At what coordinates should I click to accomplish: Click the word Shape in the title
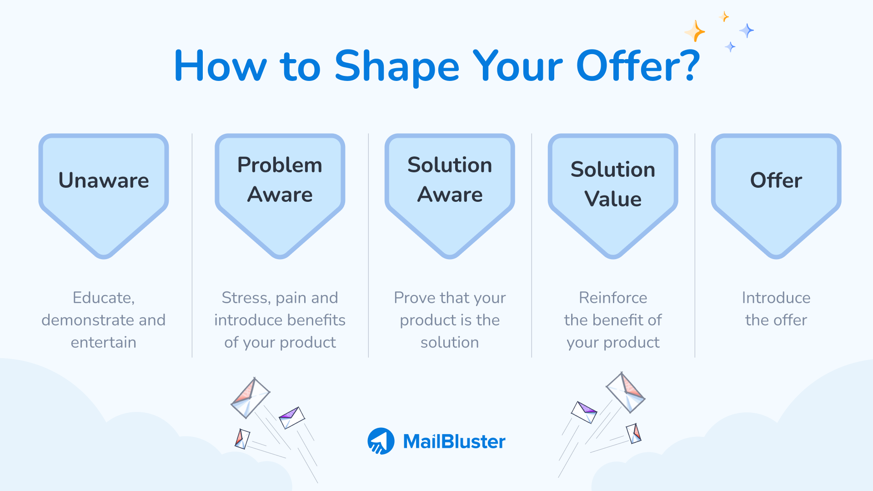(x=396, y=67)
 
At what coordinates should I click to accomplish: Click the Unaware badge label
(x=104, y=180)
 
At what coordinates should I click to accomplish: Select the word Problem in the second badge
(x=280, y=165)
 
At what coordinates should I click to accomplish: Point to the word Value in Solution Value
(x=613, y=199)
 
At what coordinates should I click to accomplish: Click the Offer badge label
(x=776, y=180)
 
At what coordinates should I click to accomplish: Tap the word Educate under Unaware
(x=104, y=298)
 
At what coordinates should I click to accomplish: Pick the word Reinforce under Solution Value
(x=613, y=298)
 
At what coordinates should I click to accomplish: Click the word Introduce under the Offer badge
(x=776, y=298)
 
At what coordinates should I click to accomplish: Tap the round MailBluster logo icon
(x=381, y=441)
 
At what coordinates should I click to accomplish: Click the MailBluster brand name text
(x=454, y=441)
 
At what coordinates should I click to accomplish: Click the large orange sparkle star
(x=695, y=31)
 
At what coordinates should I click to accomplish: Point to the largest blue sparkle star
(x=746, y=30)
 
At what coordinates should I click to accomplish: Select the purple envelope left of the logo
(x=291, y=417)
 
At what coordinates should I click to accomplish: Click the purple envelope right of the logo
(x=584, y=411)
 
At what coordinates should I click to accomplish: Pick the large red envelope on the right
(x=626, y=392)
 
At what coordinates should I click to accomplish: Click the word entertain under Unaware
(x=104, y=342)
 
